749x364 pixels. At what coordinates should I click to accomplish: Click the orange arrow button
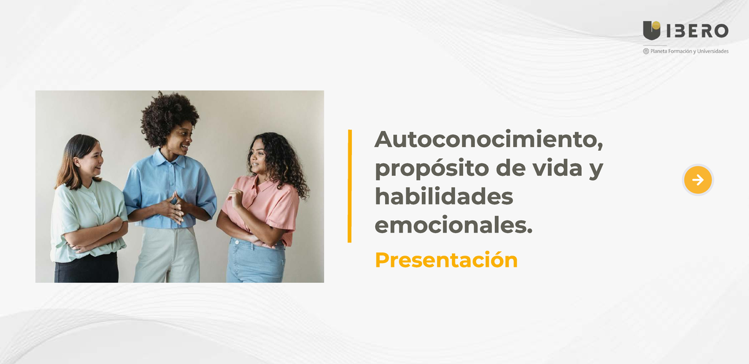tap(698, 180)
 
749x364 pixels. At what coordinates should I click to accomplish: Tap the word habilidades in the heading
tap(443, 197)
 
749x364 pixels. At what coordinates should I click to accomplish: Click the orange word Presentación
tap(446, 259)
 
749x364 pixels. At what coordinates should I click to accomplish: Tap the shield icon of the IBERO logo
tap(652, 30)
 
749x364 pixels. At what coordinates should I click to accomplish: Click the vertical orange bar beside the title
tap(350, 186)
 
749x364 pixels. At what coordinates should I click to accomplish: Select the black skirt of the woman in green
tap(86, 268)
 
